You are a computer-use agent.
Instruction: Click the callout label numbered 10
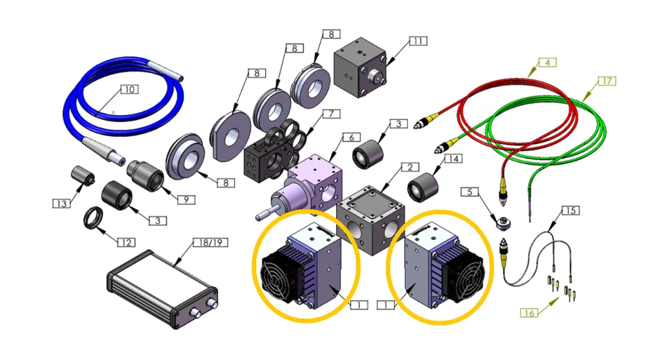128,90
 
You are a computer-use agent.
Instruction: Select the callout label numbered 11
418,41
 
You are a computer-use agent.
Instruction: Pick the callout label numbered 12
125,243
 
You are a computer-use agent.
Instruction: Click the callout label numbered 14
453,159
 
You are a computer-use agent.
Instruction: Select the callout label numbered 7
330,114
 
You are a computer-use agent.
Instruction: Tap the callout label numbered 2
409,168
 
